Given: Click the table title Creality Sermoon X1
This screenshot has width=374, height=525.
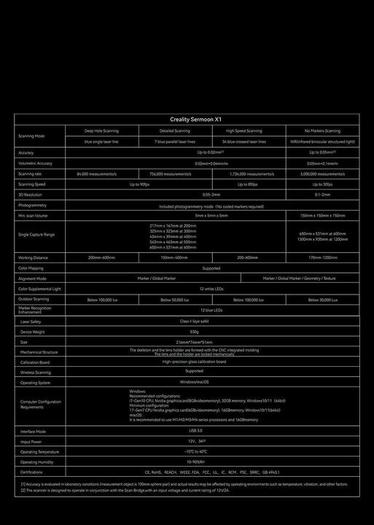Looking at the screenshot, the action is click(186, 119).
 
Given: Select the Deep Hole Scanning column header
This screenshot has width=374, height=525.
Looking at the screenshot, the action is click(101, 131).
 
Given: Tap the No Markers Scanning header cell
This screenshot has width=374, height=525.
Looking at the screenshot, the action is click(322, 131).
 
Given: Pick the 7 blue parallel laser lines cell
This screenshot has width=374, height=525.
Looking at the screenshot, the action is click(175, 141).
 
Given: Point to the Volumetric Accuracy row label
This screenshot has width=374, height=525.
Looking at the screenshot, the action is click(36, 163).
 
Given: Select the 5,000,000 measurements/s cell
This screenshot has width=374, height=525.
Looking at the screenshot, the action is click(322, 174).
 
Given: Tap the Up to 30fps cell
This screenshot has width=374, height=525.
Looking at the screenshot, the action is click(322, 184).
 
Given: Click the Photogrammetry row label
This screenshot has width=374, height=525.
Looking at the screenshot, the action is click(32, 206).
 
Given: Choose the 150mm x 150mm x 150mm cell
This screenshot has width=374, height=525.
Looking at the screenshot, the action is click(322, 216).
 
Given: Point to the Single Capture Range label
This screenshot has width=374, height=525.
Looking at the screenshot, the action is click(36, 235).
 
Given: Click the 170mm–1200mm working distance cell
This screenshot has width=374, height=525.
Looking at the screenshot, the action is click(322, 257).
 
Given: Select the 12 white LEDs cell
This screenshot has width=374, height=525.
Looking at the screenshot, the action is click(211, 289).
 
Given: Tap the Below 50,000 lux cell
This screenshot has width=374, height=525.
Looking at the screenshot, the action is click(175, 300).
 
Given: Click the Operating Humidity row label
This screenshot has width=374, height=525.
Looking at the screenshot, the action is click(36, 462).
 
